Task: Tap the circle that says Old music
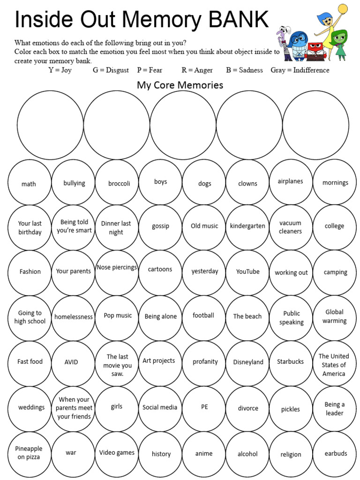204,227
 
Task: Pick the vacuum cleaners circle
291,227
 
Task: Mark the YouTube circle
247,272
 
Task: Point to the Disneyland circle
247,363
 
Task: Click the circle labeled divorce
247,408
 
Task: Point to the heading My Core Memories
180,85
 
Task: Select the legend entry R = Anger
197,70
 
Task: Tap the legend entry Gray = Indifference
300,70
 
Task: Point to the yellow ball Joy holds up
343,8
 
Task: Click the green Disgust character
339,45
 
